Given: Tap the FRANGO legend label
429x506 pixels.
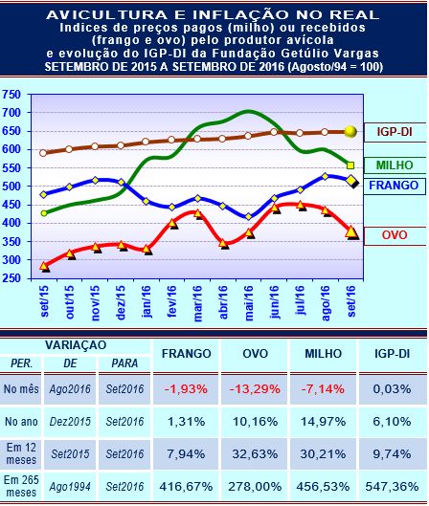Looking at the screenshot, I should click(x=393, y=183).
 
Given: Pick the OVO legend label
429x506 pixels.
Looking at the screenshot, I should click(x=393, y=232).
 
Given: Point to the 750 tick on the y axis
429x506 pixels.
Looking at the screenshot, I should click(x=15, y=95).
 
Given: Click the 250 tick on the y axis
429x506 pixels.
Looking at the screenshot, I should click(x=15, y=278).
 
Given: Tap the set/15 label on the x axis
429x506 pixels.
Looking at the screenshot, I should click(x=45, y=300).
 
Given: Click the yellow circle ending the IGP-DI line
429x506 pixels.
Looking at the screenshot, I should click(x=350, y=131).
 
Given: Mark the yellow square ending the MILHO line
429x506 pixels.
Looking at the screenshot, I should click(x=350, y=165).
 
